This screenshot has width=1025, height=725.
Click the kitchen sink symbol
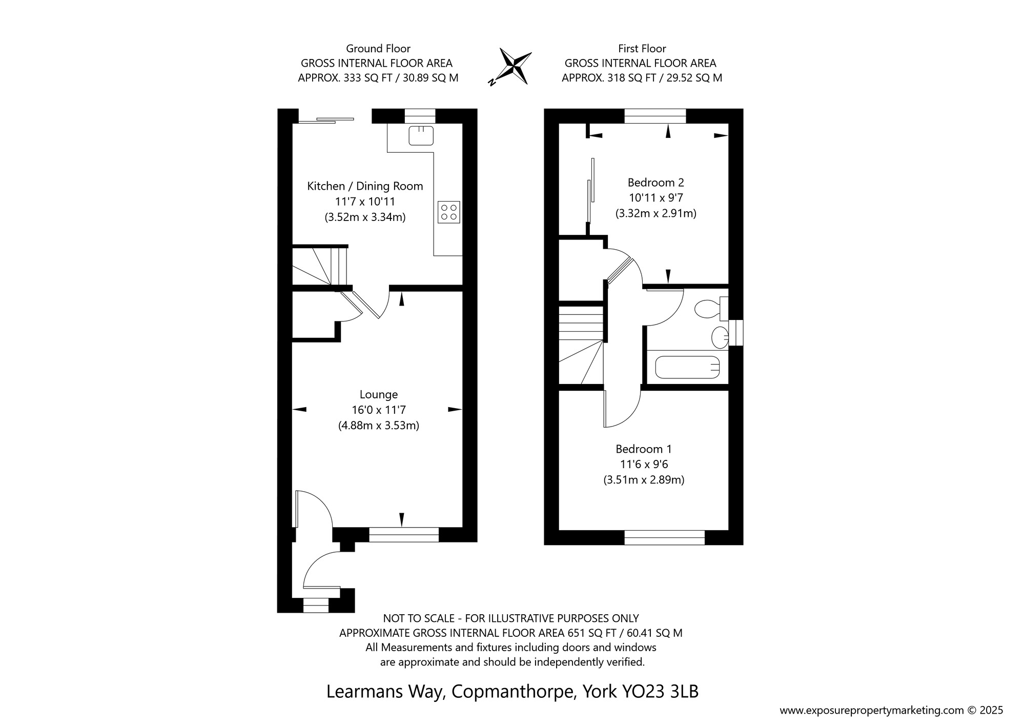pyautogui.click(x=421, y=135)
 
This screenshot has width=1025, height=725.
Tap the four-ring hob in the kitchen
pyautogui.click(x=449, y=212)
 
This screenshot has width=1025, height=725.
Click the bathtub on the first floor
pyautogui.click(x=687, y=367)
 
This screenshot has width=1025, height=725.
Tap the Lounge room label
pyautogui.click(x=379, y=394)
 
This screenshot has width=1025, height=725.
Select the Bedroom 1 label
pyautogui.click(x=644, y=449)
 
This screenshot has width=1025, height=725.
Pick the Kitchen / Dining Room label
pyautogui.click(x=365, y=186)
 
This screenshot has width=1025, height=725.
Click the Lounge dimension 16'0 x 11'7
pyautogui.click(x=379, y=410)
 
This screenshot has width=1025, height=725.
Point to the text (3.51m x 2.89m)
pyautogui.click(x=644, y=480)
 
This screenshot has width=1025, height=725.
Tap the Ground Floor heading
pyautogui.click(x=378, y=49)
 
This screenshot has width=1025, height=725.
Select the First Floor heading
pyautogui.click(x=642, y=49)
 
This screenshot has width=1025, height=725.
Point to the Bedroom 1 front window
pyautogui.click(x=665, y=537)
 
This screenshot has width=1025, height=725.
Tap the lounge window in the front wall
pyautogui.click(x=404, y=535)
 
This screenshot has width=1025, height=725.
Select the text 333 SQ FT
pyautogui.click(x=370, y=78)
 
